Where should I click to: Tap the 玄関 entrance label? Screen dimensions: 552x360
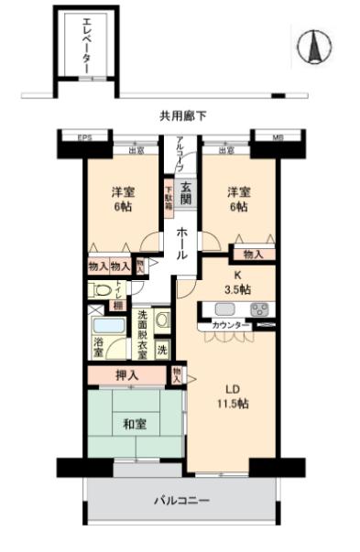(x=185, y=190)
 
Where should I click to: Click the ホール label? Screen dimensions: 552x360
(x=183, y=243)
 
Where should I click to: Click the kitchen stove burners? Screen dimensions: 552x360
(x=258, y=308)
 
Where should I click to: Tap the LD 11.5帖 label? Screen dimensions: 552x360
(x=228, y=397)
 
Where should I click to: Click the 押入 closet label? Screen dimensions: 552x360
(x=127, y=374)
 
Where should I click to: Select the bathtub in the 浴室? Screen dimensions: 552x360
(x=108, y=326)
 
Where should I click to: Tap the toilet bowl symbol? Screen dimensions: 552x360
(x=100, y=289)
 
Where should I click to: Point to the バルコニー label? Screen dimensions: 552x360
(x=181, y=502)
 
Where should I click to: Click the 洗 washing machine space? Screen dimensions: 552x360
(x=161, y=349)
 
